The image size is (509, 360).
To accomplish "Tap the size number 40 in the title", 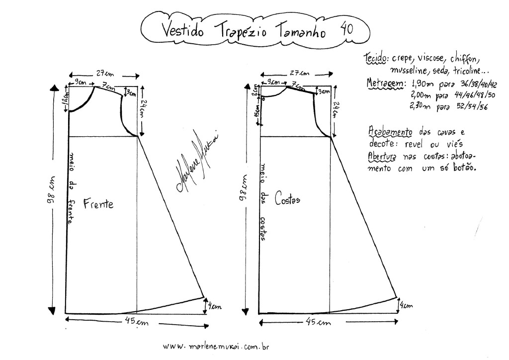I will [x=346, y=29].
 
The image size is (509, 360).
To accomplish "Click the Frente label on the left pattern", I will [x=98, y=204].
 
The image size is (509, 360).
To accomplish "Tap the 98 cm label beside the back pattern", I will [x=244, y=196].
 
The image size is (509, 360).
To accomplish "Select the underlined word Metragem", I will [x=383, y=83].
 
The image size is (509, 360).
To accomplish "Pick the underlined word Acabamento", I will [x=390, y=132].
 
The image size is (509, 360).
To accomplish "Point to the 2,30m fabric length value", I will [x=421, y=106].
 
